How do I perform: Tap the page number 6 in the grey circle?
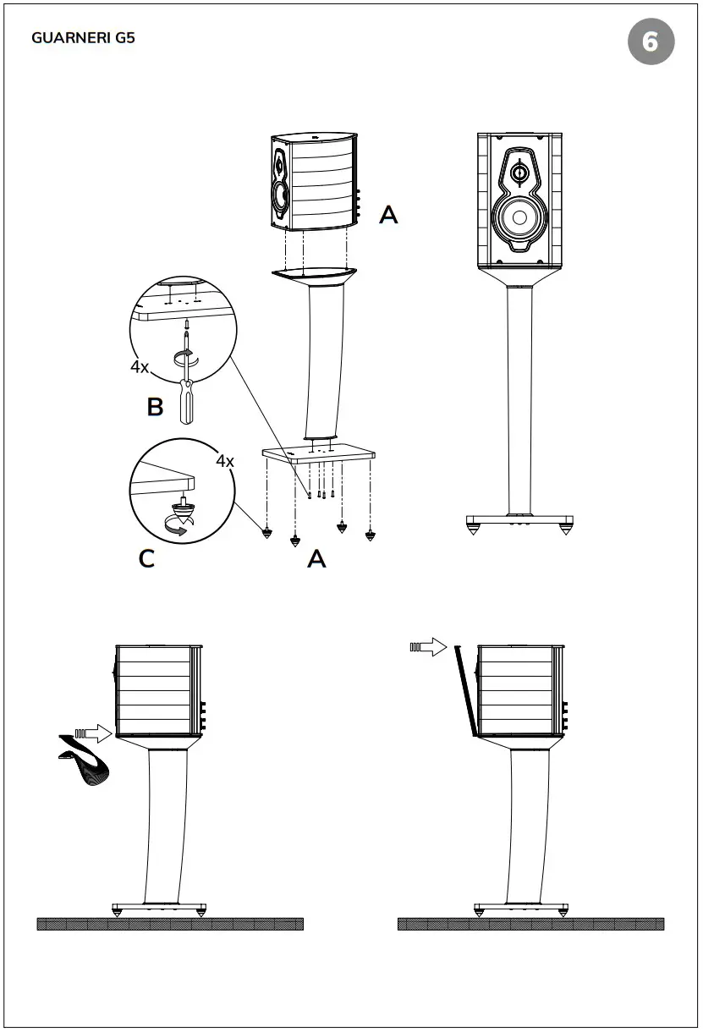[651, 41]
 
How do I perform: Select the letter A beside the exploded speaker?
[388, 215]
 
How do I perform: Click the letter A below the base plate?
[316, 558]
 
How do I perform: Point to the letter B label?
[155, 407]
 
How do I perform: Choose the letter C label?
[146, 559]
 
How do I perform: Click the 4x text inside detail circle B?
[140, 368]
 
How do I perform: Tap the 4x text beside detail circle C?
[224, 462]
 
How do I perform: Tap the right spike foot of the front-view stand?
[565, 528]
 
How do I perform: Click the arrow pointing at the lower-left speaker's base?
[94, 733]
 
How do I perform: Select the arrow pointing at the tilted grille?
[428, 648]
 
